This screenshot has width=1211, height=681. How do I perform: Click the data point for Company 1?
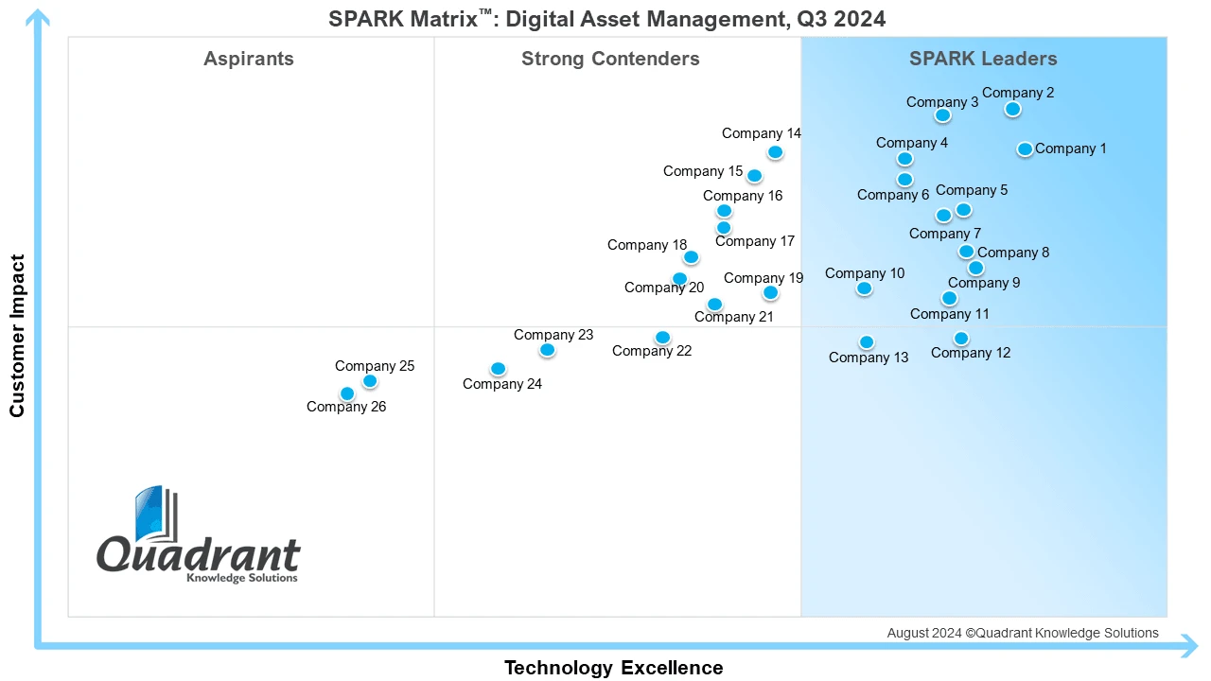1025,149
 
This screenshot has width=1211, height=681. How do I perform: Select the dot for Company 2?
1012,110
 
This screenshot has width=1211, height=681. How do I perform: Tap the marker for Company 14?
775,152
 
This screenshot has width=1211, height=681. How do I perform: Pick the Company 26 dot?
347,393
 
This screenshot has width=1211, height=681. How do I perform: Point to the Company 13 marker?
867,342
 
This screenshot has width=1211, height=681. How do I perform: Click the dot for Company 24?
499,369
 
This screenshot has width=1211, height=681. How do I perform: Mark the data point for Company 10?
864,288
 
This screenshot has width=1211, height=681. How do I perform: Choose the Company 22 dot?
662,338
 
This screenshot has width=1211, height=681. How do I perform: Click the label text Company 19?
763,278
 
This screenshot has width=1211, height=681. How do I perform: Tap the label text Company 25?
375,366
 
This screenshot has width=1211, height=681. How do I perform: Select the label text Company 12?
971,353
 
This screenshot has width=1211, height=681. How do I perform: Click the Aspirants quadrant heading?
249,59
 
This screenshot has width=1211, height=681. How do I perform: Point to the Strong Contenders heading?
610,59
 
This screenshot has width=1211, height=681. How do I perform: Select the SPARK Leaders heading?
983,59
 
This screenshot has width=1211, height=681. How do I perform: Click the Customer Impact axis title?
17,335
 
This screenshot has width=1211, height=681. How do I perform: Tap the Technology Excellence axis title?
613,668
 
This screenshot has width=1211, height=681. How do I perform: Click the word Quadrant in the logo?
199,555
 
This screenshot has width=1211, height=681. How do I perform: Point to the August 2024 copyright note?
1022,633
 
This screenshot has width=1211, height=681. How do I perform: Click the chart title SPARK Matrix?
606,19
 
